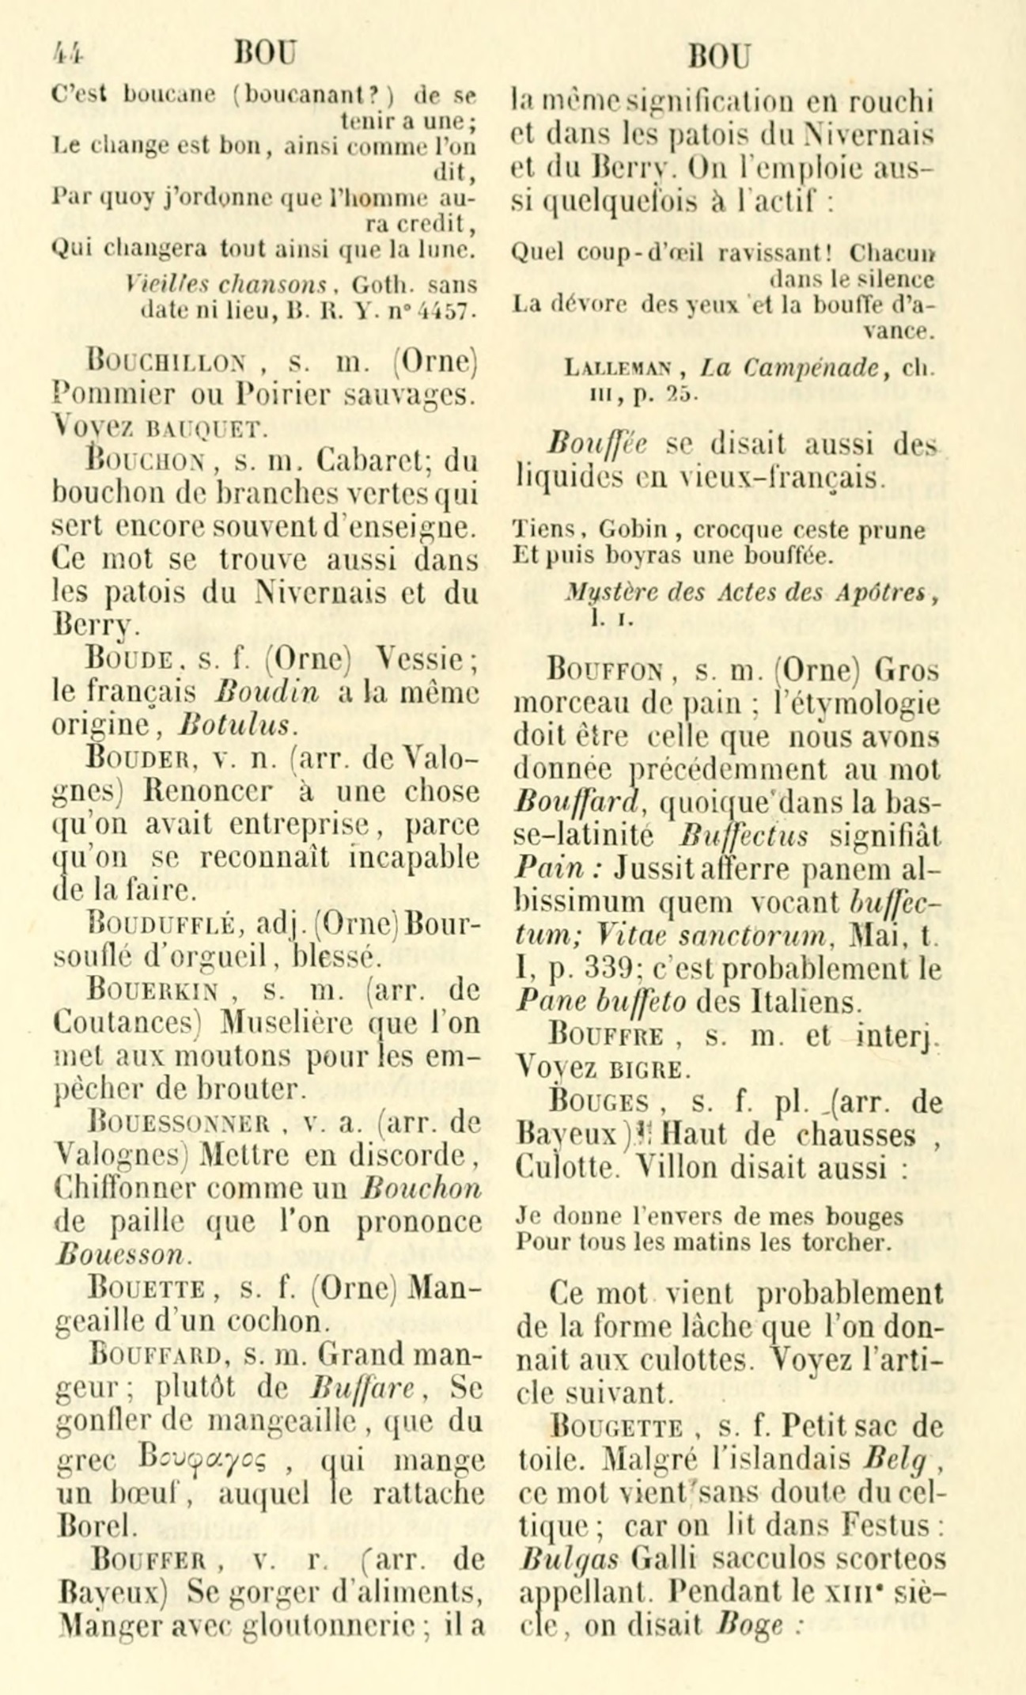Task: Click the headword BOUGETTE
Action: point(617,1428)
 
